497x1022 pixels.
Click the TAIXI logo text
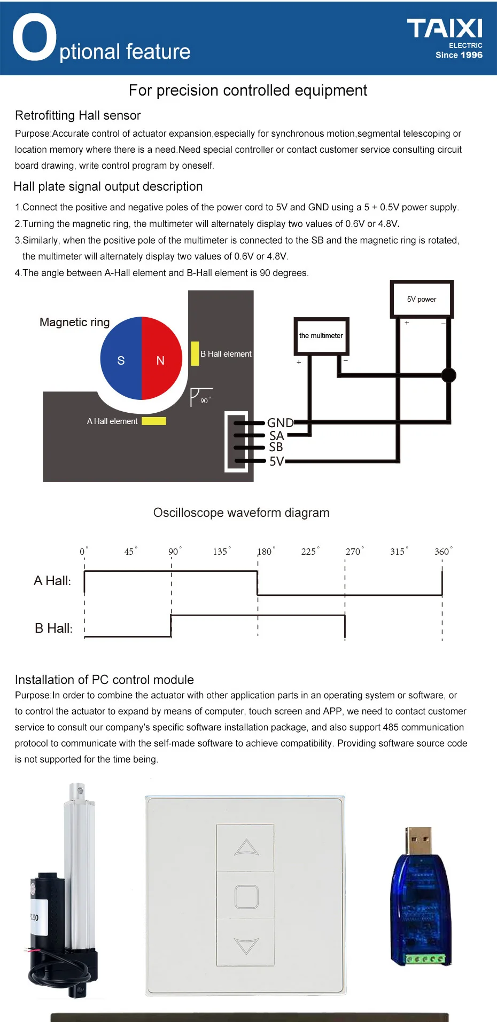[x=444, y=29]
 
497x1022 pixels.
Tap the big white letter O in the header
[x=34, y=37]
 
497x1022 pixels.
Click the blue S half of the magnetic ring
[x=121, y=359]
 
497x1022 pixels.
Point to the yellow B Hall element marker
[x=195, y=353]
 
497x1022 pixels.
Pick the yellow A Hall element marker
[x=153, y=421]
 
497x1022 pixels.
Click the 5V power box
[x=422, y=299]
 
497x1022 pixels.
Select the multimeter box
[x=321, y=335]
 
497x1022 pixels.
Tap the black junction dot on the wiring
[x=449, y=375]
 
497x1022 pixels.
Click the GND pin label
[x=280, y=423]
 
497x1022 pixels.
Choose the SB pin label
[x=276, y=447]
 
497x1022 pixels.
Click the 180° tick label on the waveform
[x=266, y=552]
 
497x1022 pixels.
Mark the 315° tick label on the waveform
[x=398, y=552]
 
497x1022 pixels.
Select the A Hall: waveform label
[x=52, y=581]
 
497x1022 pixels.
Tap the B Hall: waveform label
[x=53, y=628]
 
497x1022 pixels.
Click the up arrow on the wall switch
[x=246, y=847]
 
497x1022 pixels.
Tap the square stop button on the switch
[x=246, y=897]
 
